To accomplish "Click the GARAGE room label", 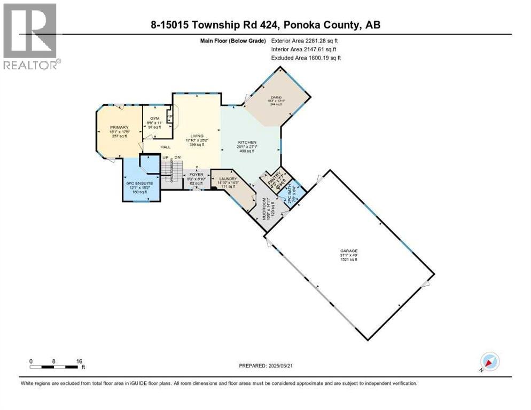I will [x=349, y=250].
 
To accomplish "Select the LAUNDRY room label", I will [x=229, y=179].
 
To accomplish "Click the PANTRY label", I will [x=272, y=180].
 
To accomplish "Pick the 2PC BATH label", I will [x=291, y=193].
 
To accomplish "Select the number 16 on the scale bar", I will [x=80, y=361].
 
